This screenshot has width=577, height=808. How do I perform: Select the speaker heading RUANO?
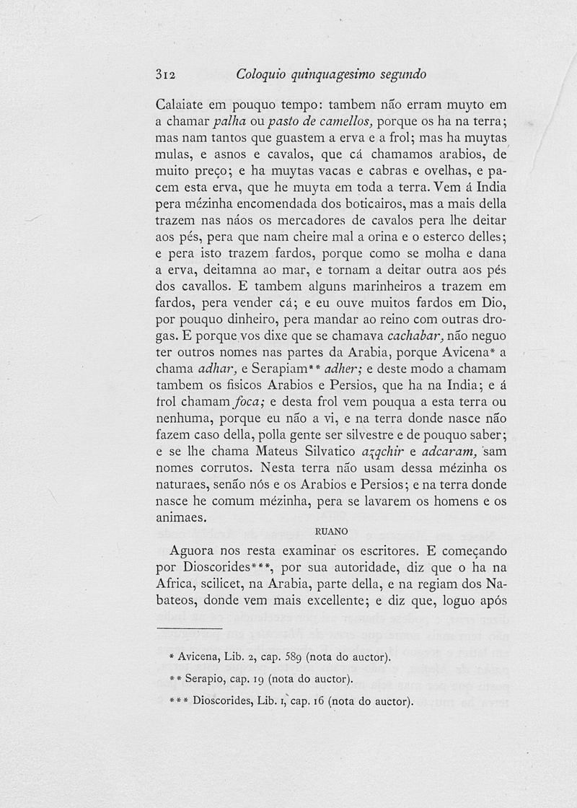click(332, 532)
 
